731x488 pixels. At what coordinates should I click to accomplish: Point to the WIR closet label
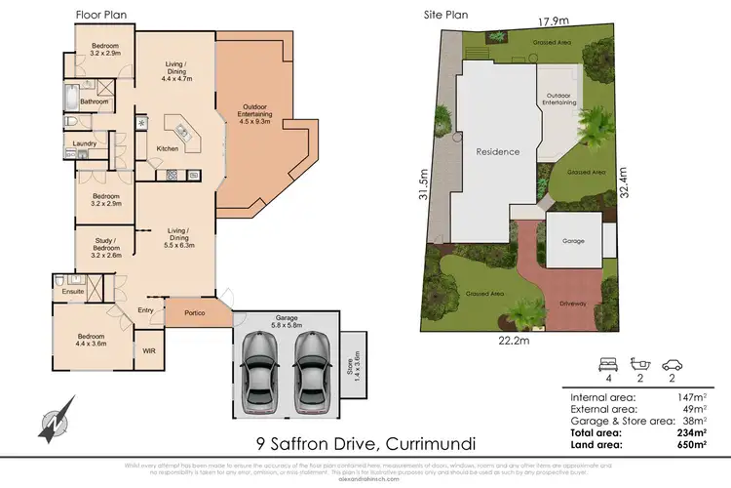(149, 351)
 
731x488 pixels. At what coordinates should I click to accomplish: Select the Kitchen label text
(169, 148)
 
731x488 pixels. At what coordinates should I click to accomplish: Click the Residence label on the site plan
(497, 152)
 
